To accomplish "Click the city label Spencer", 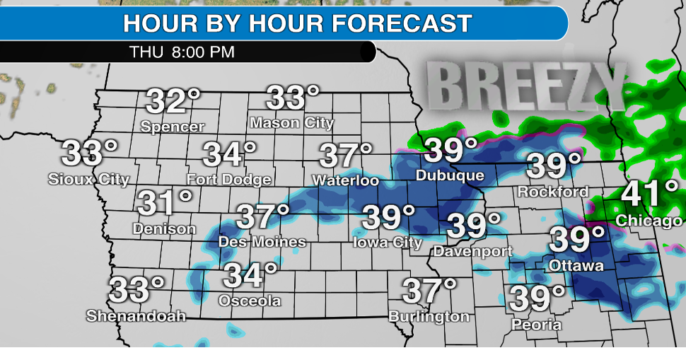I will click(x=173, y=127).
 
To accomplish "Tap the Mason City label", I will click(x=291, y=123).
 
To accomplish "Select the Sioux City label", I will click(x=89, y=179).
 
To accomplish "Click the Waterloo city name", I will click(x=347, y=180).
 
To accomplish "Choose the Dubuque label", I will click(x=450, y=175).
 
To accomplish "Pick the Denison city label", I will click(x=164, y=229).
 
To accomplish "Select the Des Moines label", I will click(x=262, y=242).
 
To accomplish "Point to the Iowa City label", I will click(x=388, y=243).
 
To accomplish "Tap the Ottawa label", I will click(x=577, y=266).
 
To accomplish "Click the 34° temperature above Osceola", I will click(x=251, y=274).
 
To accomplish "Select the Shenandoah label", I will click(x=136, y=316).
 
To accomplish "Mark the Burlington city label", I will click(x=429, y=317).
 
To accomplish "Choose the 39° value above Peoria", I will click(x=538, y=298).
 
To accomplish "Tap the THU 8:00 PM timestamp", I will click(x=182, y=52).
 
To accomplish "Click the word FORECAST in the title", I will click(x=402, y=23).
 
